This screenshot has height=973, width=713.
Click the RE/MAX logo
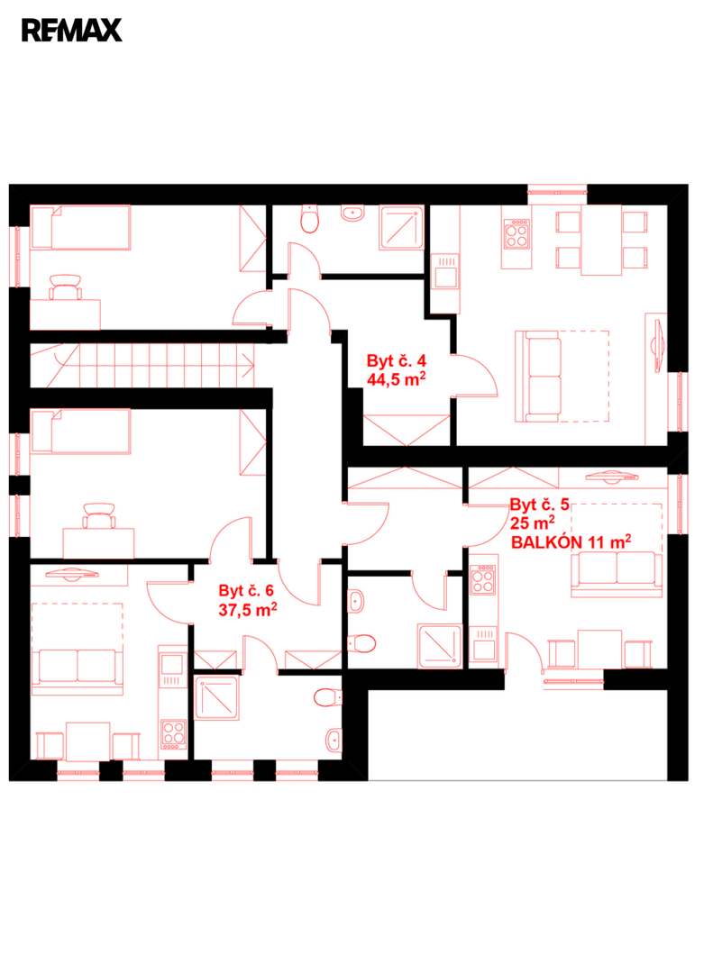coord(72,31)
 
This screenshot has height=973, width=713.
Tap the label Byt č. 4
coord(397,360)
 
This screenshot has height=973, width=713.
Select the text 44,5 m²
coord(397,379)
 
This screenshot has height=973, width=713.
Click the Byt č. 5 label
coord(539,505)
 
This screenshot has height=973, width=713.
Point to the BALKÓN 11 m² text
coord(571,541)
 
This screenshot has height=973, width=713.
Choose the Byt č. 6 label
coord(246,591)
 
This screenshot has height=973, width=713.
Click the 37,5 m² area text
coord(248,609)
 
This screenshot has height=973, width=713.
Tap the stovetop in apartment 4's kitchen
coord(516,233)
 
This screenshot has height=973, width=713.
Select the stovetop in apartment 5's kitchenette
coord(482,579)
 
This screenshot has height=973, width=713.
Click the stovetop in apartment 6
coord(173,733)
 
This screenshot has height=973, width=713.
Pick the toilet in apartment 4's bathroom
coord(309,219)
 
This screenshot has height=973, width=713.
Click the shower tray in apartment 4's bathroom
coord(401,228)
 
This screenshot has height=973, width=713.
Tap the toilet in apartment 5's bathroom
coord(362,643)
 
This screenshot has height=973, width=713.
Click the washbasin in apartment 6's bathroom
coord(334,740)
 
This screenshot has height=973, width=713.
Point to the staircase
coord(142,366)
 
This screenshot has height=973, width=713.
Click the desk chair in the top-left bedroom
coord(65,286)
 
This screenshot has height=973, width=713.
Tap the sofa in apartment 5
coord(617,574)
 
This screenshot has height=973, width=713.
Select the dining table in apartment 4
coord(601,241)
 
